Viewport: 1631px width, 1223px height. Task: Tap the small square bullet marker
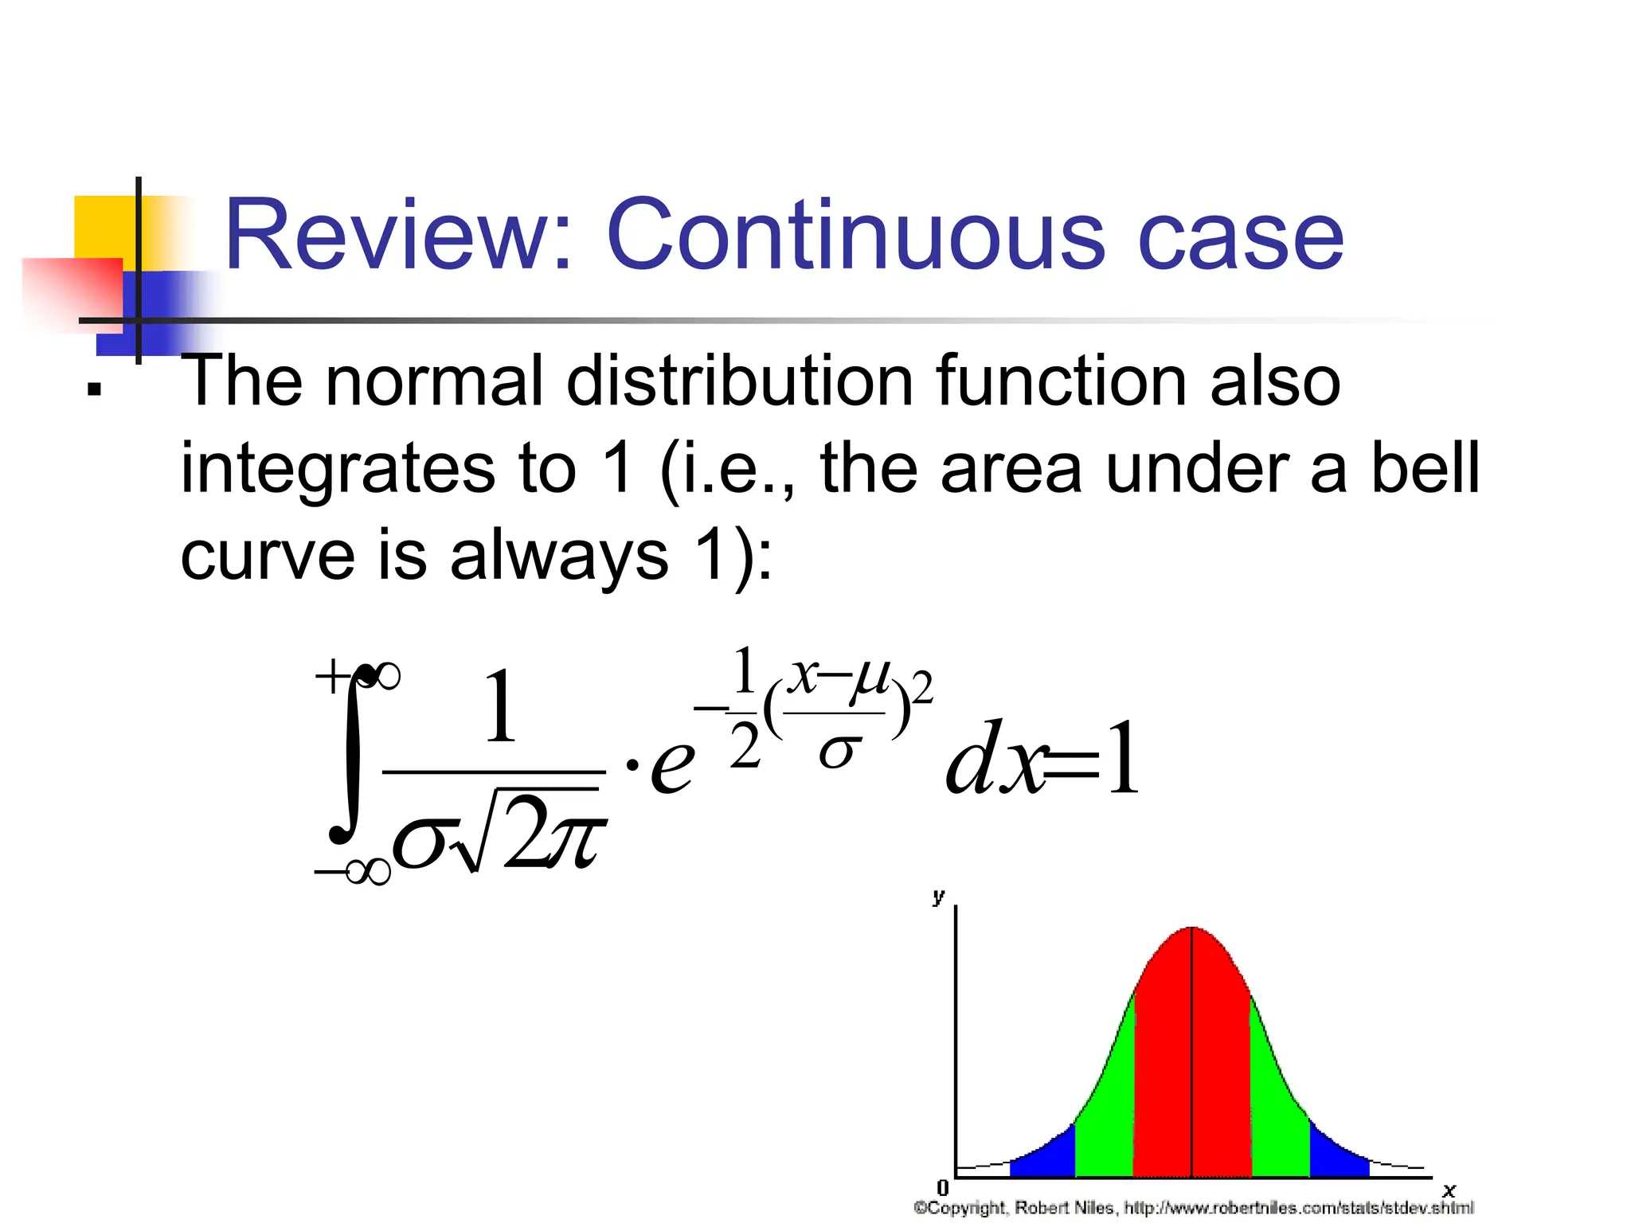(95, 390)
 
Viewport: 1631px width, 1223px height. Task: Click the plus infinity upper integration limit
(356, 678)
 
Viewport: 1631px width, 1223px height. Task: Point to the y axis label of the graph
(938, 897)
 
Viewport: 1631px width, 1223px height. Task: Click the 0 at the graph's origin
(943, 1188)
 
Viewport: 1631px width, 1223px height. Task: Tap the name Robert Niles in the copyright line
(1063, 1208)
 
